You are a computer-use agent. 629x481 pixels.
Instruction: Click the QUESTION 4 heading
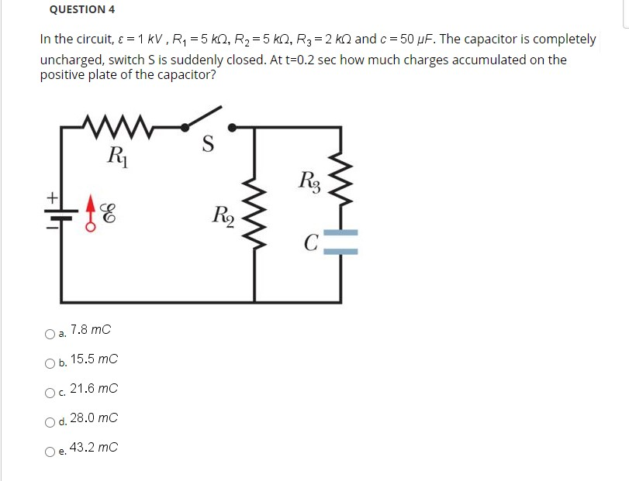[81, 10]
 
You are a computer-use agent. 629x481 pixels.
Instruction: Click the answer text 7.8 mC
[90, 330]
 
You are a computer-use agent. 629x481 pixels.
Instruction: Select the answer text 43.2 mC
[93, 448]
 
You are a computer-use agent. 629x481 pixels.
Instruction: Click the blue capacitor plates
[340, 242]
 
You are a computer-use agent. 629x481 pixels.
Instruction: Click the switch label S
[207, 145]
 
